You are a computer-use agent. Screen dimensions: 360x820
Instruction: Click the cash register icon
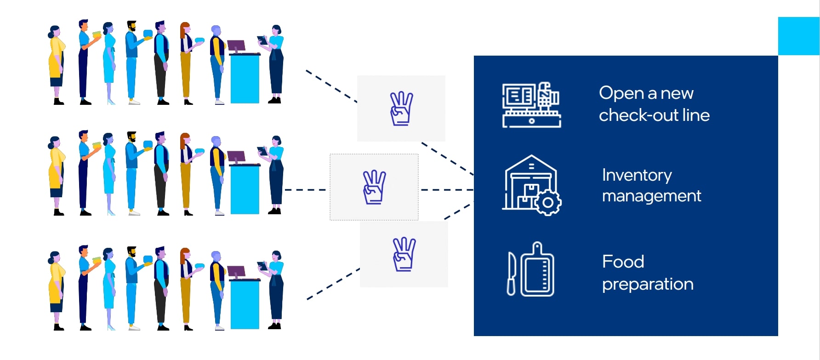pyautogui.click(x=531, y=105)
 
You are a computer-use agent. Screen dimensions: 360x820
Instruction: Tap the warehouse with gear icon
pyautogui.click(x=531, y=185)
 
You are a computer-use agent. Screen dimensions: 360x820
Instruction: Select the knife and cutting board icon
pyautogui.click(x=531, y=270)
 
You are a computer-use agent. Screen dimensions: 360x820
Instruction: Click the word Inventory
pyautogui.click(x=637, y=175)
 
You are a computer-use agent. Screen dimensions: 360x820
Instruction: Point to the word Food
pyautogui.click(x=623, y=262)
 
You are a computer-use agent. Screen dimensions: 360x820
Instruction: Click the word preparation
pyautogui.click(x=647, y=284)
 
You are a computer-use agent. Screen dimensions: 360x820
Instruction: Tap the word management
pyautogui.click(x=651, y=196)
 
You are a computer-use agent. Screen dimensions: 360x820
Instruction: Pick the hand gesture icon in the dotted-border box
pyautogui.click(x=374, y=187)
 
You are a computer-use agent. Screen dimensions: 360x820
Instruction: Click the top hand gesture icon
pyautogui.click(x=401, y=109)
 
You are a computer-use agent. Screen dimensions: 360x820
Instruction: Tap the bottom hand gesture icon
pyautogui.click(x=404, y=254)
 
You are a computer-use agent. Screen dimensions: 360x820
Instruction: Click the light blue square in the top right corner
pyautogui.click(x=798, y=36)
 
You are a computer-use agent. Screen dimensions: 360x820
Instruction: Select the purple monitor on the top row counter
pyautogui.click(x=236, y=46)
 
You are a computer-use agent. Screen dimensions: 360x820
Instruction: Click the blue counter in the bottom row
pyautogui.click(x=245, y=304)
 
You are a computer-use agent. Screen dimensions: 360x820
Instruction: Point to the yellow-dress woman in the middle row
pyautogui.click(x=56, y=175)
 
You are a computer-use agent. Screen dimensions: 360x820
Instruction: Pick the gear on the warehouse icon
pyautogui.click(x=547, y=202)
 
